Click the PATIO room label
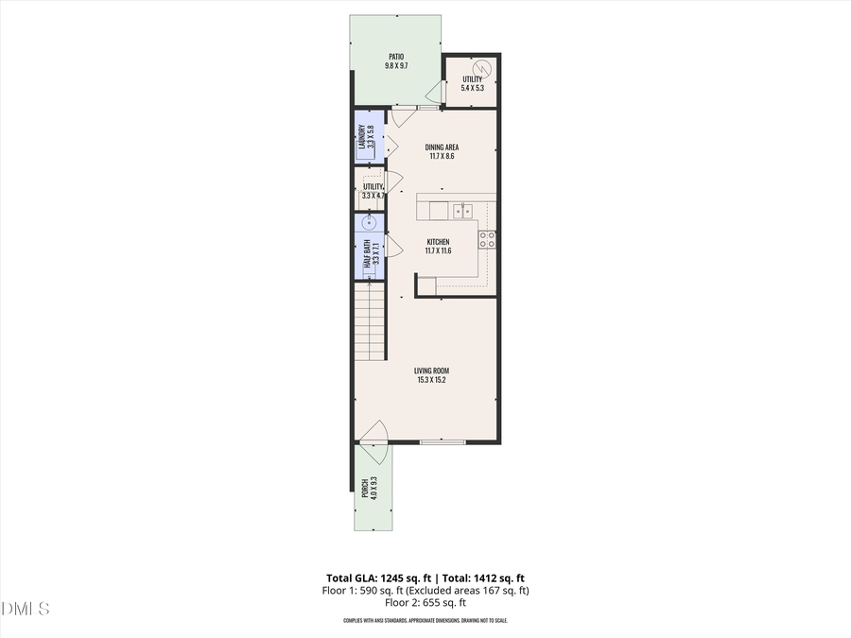point(395,57)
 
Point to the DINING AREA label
point(442,147)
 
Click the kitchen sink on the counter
point(461,210)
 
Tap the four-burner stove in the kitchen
point(487,239)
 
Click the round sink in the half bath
point(370,224)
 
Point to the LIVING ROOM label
point(431,371)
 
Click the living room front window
point(442,441)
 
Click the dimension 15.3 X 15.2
point(431,380)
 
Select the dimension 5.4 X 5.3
point(471,88)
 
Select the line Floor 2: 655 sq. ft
point(425,602)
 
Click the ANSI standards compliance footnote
point(425,621)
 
